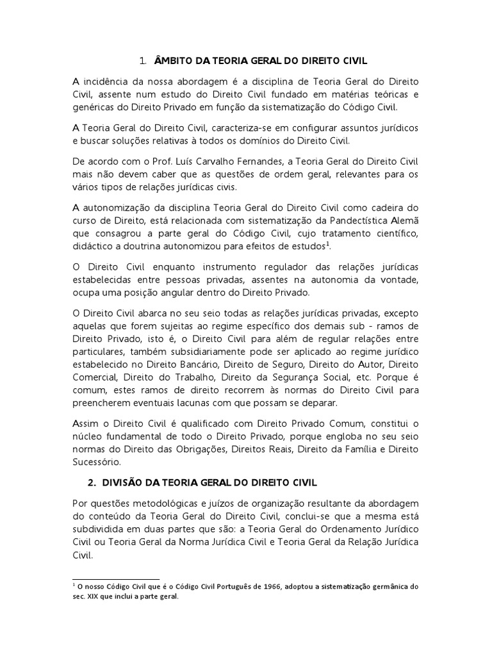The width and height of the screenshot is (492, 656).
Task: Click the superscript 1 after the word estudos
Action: (327, 244)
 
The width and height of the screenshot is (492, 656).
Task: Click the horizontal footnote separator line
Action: (116, 578)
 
